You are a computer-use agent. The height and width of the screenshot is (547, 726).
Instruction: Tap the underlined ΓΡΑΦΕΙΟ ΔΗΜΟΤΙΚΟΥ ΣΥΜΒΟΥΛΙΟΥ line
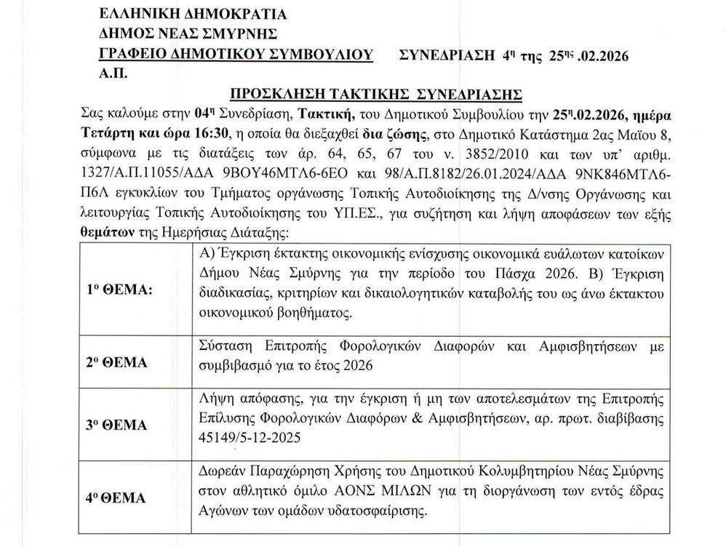pos(236,54)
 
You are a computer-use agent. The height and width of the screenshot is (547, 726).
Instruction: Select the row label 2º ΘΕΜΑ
pos(117,362)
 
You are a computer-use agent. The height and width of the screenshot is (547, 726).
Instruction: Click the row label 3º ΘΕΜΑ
pos(117,425)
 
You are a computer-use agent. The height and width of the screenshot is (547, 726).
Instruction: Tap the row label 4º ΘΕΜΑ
pos(117,498)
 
